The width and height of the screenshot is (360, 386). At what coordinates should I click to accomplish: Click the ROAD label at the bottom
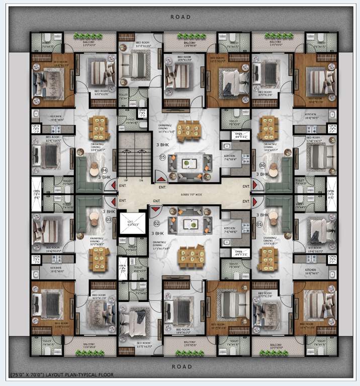(x=181, y=367)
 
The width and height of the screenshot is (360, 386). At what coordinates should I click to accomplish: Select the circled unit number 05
(x=162, y=157)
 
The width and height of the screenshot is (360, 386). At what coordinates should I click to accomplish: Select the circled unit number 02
(x=157, y=223)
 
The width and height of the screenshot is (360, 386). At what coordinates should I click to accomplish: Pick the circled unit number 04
(x=105, y=170)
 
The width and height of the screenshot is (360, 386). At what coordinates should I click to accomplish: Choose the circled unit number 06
(x=262, y=165)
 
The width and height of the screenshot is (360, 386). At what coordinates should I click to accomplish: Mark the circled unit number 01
(x=259, y=224)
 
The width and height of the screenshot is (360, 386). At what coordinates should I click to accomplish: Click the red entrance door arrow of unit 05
(x=160, y=176)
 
